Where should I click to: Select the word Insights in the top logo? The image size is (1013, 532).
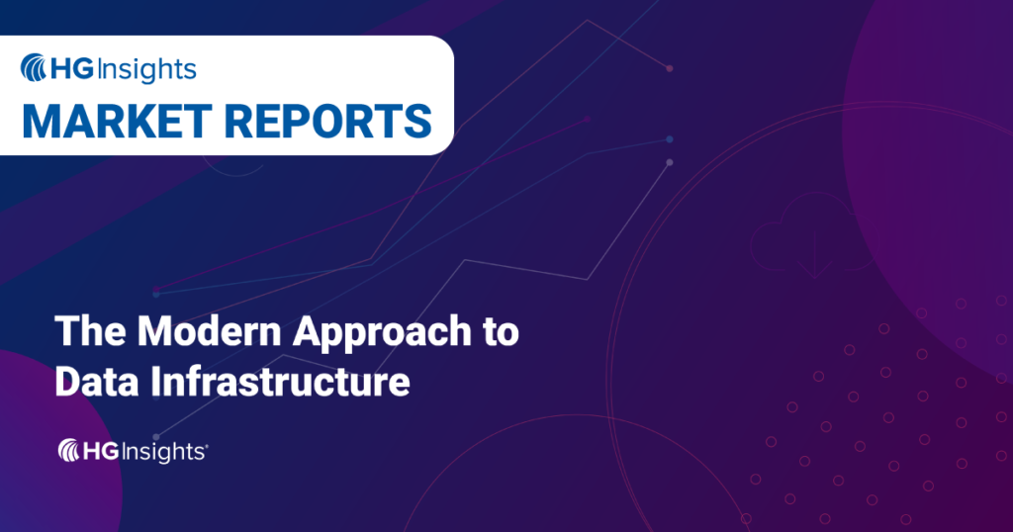point(146,69)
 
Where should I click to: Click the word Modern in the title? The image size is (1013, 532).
point(197,333)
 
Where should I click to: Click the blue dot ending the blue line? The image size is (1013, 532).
point(670,139)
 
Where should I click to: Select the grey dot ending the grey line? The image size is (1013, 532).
point(670,162)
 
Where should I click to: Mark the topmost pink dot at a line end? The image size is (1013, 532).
point(670,68)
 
